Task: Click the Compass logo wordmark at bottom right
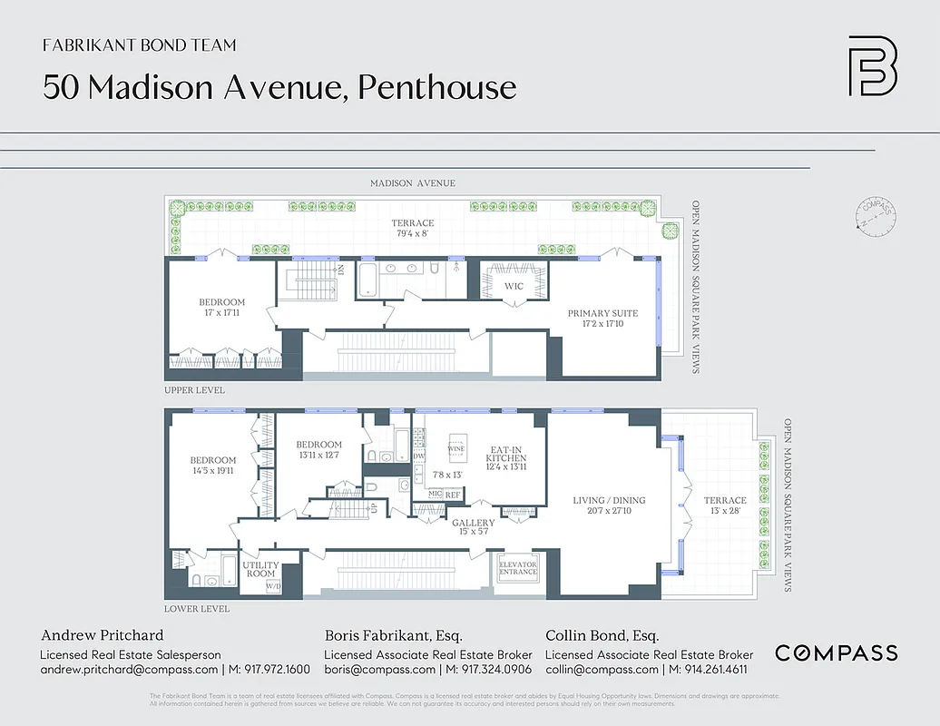836,652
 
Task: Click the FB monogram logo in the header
872,65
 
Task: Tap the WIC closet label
514,287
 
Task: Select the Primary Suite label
602,314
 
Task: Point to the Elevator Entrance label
518,569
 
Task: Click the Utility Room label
259,569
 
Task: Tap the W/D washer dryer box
273,586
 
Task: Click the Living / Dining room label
609,500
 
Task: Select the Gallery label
473,523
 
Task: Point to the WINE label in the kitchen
457,448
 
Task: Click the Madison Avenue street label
412,183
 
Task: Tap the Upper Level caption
194,390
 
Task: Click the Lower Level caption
196,609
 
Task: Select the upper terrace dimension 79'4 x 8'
413,234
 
